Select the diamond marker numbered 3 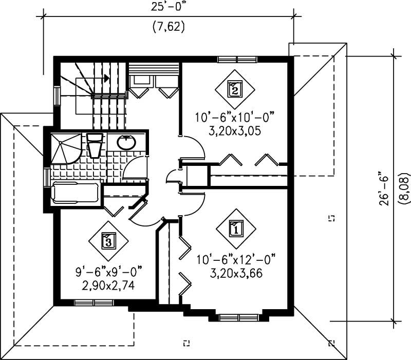point(107,239)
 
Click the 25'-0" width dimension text point(168,7)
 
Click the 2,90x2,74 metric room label point(107,286)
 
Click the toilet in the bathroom point(95,146)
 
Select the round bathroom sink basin point(126,143)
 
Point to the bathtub point(76,193)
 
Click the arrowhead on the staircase point(106,78)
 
